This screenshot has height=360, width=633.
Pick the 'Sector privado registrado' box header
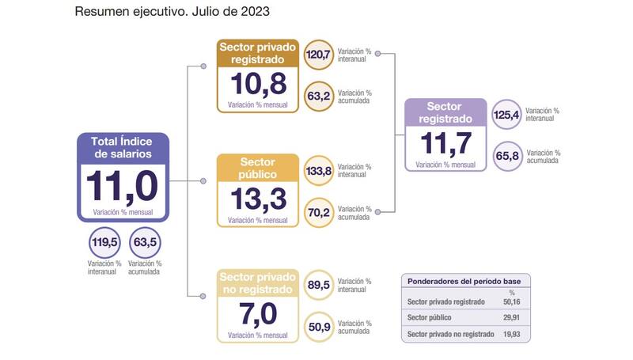point(258,52)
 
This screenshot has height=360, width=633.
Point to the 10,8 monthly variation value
point(258,84)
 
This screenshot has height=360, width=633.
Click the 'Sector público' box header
point(258,168)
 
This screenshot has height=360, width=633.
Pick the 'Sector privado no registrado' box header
point(258,283)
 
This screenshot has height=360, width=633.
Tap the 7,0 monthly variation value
point(258,314)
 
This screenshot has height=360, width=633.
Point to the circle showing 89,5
point(318,286)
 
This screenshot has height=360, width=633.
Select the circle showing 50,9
point(318,327)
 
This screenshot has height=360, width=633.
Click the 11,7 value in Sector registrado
point(445,144)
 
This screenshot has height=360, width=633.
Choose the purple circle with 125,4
point(506,115)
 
